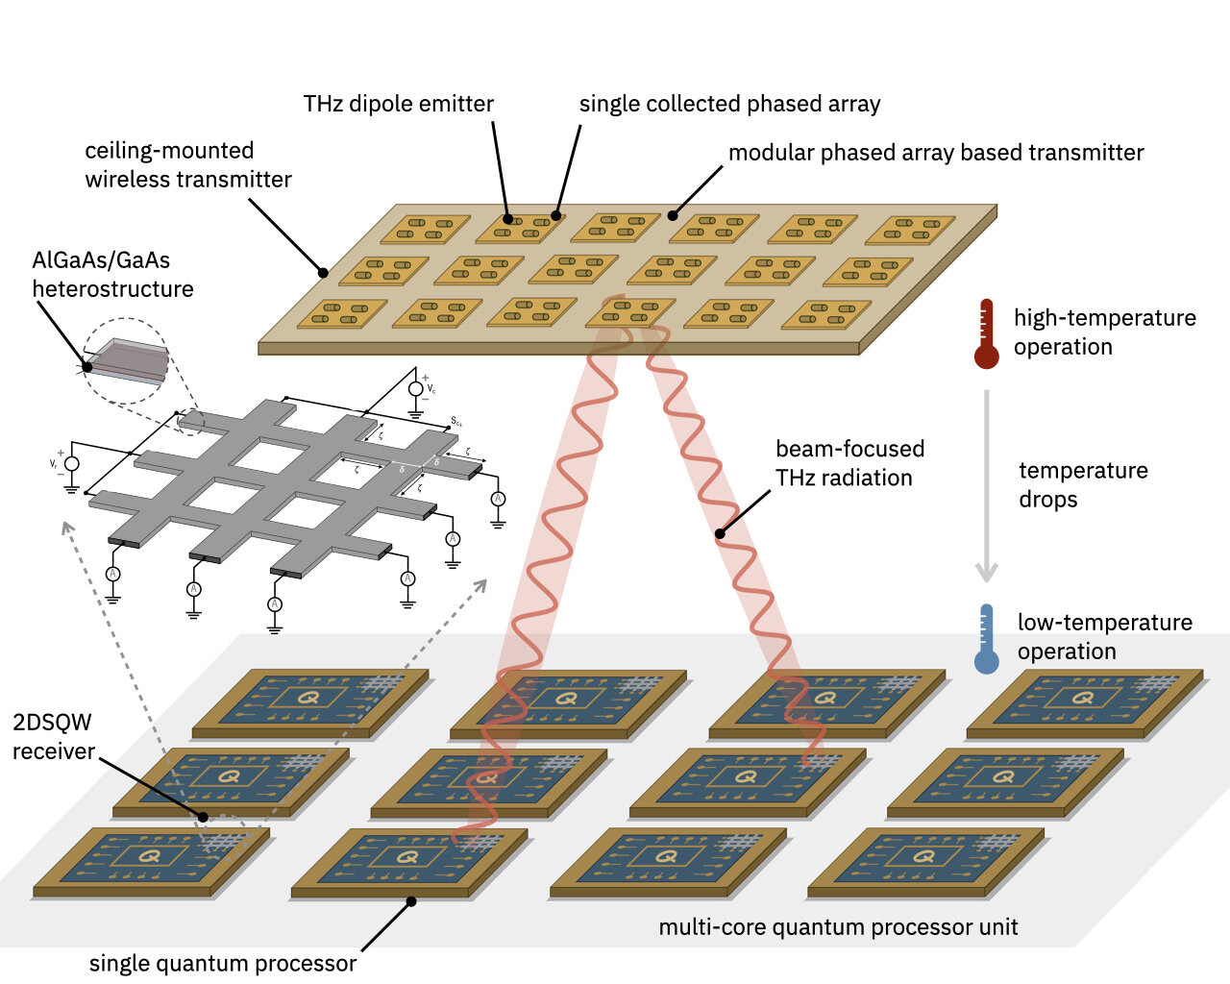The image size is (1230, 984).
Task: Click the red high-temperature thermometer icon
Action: pyautogui.click(x=986, y=333)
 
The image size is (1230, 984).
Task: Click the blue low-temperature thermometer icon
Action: pyautogui.click(x=986, y=639)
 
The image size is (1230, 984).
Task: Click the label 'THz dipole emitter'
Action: pyautogui.click(x=398, y=104)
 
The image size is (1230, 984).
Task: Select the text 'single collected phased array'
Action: pyautogui.click(x=729, y=104)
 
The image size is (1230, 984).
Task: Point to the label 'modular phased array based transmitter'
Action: pyautogui.click(x=935, y=153)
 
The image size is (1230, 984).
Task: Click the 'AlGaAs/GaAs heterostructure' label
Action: pyautogui.click(x=112, y=275)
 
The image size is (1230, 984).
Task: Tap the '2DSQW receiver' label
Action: pyautogui.click(x=53, y=737)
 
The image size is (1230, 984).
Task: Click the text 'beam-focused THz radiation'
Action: pyautogui.click(x=849, y=463)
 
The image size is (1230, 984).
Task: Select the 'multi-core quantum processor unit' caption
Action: pyautogui.click(x=838, y=927)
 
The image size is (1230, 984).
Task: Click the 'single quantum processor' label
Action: pyautogui.click(x=222, y=964)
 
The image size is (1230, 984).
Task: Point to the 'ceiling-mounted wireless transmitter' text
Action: pyautogui.click(x=187, y=165)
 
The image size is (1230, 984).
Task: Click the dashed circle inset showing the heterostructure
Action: pyautogui.click(x=126, y=362)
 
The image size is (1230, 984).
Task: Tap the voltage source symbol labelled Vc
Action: pyautogui.click(x=416, y=389)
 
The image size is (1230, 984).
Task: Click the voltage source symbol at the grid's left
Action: pyautogui.click(x=71, y=463)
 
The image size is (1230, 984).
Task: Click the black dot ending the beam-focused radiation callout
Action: pyautogui.click(x=719, y=533)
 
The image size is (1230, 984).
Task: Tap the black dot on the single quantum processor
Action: pyautogui.click(x=411, y=901)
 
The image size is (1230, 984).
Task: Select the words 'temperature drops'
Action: pyautogui.click(x=1083, y=484)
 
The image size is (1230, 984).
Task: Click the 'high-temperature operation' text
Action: pyautogui.click(x=1104, y=332)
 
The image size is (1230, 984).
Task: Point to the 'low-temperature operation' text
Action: pyautogui.click(x=1104, y=636)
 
